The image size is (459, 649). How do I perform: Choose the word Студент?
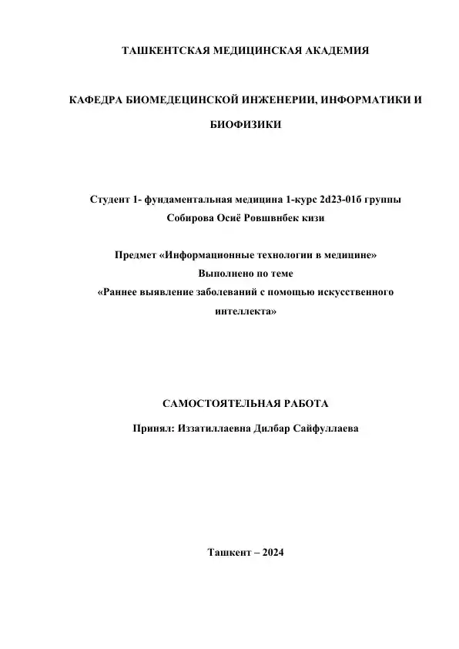click(109, 200)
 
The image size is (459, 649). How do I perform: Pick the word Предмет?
click(135, 256)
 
